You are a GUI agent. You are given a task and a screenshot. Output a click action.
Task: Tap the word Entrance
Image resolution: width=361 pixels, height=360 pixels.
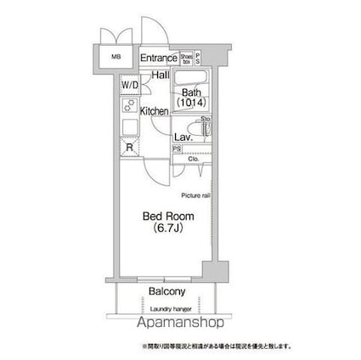[157, 58]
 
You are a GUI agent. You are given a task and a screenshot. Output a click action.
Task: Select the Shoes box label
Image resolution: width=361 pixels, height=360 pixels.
[185, 58]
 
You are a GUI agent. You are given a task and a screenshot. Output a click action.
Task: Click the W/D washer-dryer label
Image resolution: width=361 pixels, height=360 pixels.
[128, 87]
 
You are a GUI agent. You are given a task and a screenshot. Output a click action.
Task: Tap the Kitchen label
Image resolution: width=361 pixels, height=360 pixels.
[155, 111]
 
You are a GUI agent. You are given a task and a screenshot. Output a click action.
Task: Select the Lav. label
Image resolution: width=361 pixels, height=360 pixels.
[182, 137]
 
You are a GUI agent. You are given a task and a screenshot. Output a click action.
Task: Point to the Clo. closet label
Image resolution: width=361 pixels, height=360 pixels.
[193, 158]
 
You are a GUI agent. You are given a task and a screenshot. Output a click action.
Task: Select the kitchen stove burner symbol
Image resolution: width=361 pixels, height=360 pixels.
[130, 106]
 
